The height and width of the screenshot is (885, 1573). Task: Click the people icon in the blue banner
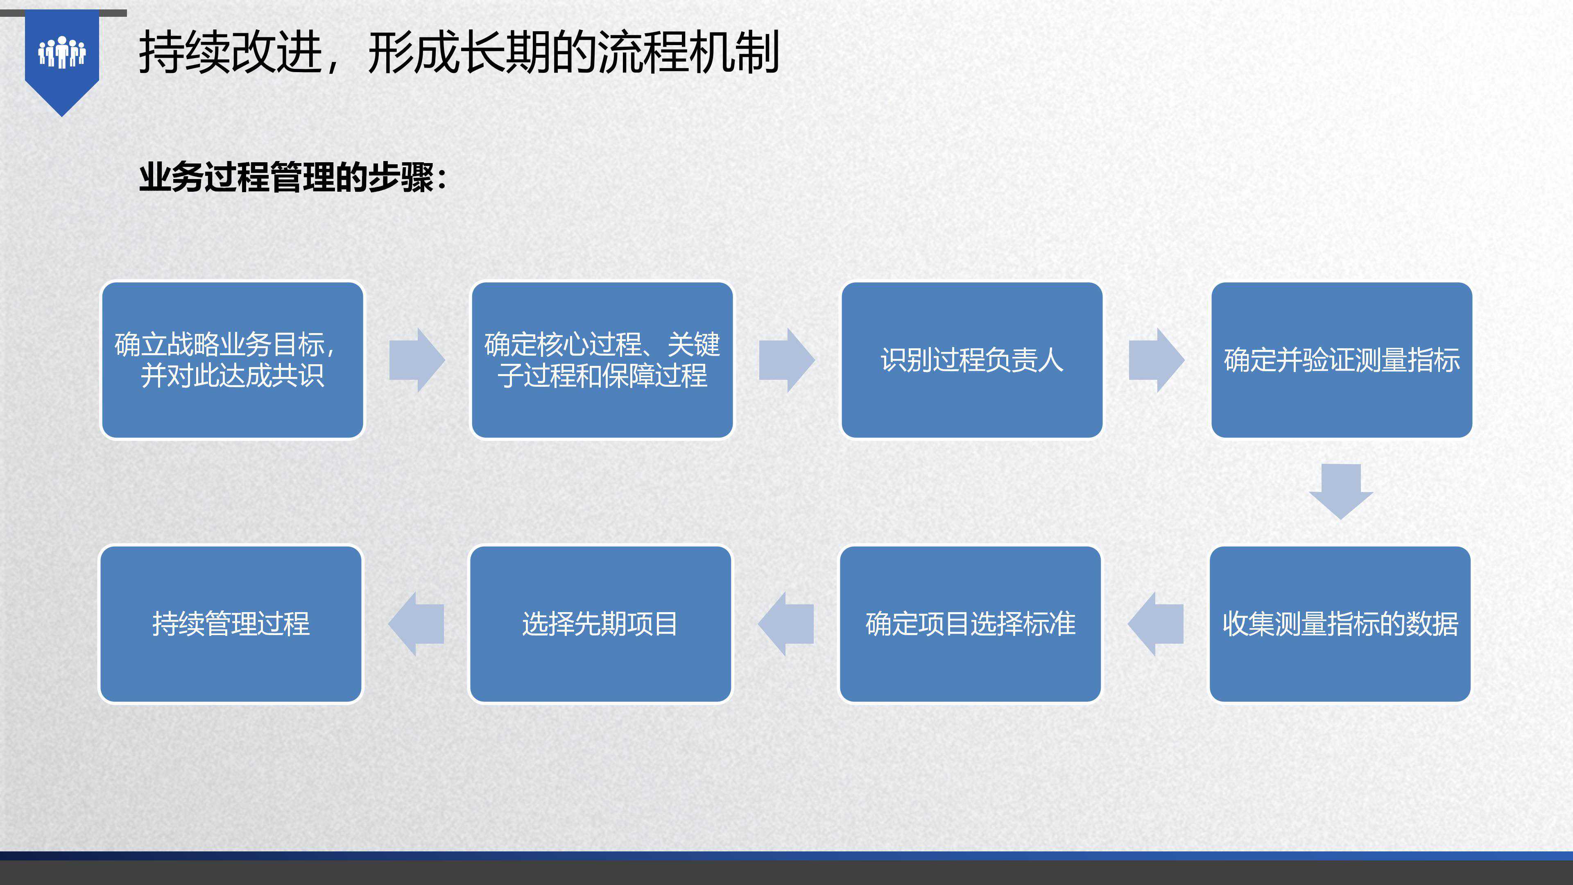tap(62, 52)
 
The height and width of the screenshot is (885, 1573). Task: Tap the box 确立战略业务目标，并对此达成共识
tap(233, 360)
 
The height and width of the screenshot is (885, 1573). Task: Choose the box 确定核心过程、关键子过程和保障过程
tap(602, 360)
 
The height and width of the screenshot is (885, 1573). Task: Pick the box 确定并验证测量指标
tap(1342, 360)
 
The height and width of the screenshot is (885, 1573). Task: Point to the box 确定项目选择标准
tap(970, 624)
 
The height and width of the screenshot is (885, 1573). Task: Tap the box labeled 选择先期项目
tap(600, 624)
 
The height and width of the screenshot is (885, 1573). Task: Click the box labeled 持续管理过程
tap(231, 624)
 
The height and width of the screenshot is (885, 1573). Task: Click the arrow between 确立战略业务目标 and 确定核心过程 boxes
tap(417, 360)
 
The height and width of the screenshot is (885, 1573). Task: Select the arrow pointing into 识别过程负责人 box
tap(786, 360)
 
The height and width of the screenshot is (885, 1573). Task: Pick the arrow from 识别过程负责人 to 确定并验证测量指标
tap(1157, 360)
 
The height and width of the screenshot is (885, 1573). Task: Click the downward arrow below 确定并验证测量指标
tap(1341, 492)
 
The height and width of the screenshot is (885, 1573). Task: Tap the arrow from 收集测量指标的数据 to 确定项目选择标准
tap(1155, 624)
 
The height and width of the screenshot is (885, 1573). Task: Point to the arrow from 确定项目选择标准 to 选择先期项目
tap(785, 624)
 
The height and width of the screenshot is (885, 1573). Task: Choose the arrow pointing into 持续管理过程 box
tap(416, 624)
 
